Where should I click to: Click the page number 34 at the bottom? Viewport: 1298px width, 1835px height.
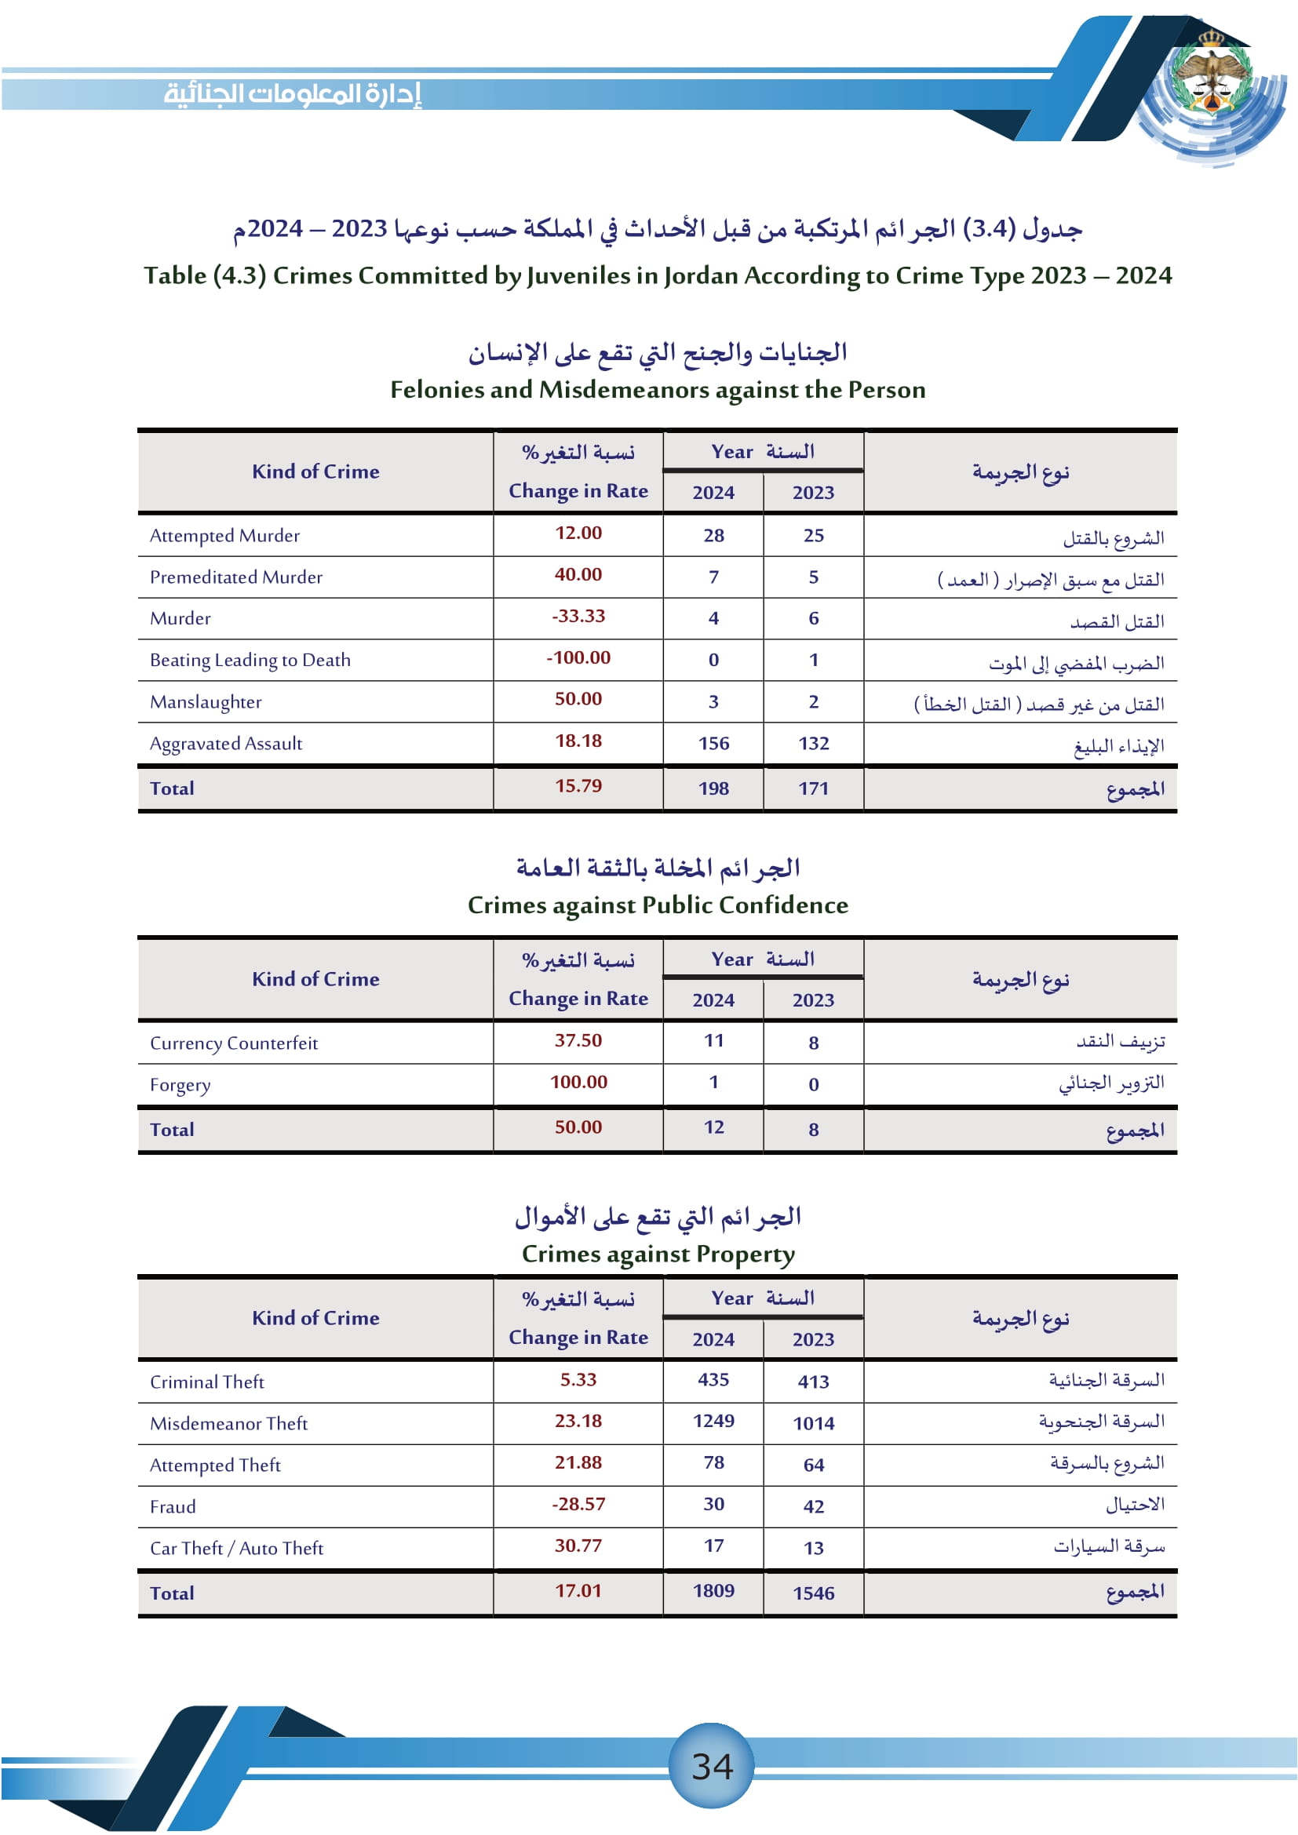711,1765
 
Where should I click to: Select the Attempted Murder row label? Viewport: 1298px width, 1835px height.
224,536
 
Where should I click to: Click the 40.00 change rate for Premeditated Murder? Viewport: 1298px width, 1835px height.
578,574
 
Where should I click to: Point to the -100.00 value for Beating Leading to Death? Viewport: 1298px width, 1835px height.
578,657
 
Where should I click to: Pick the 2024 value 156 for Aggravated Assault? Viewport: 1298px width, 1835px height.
713,743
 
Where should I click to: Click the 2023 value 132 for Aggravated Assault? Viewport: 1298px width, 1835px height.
813,743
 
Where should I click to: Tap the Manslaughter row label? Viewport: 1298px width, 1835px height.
206,701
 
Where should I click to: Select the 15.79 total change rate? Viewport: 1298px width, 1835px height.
578,785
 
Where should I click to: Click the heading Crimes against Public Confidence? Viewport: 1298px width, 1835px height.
657,905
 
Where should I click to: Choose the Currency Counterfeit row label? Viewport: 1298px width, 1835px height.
233,1043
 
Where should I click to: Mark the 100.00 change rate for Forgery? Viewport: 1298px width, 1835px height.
578,1082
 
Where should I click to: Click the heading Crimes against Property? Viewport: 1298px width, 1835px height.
658,1254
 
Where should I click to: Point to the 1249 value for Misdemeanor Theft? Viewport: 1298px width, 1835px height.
713,1421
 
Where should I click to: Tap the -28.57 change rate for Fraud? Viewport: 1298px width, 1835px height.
578,1504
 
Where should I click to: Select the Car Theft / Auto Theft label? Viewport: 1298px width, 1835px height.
236,1548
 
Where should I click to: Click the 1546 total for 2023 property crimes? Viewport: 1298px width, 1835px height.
813,1593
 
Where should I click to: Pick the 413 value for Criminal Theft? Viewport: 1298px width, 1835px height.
813,1382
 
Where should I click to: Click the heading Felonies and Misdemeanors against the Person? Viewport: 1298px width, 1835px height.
657,389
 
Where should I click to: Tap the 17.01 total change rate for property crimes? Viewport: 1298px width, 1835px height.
578,1590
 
